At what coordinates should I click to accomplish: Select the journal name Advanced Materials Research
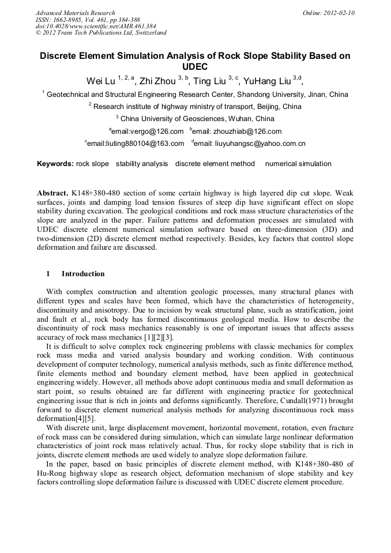(75, 13)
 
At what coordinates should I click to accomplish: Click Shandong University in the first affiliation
(271, 95)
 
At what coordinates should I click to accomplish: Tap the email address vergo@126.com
(148, 131)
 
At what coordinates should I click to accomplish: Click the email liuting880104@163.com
(136, 144)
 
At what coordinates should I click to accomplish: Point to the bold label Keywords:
(55, 164)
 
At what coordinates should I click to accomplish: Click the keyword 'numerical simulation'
(298, 164)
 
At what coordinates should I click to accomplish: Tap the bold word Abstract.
(52, 192)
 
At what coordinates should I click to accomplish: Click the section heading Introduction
(83, 274)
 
